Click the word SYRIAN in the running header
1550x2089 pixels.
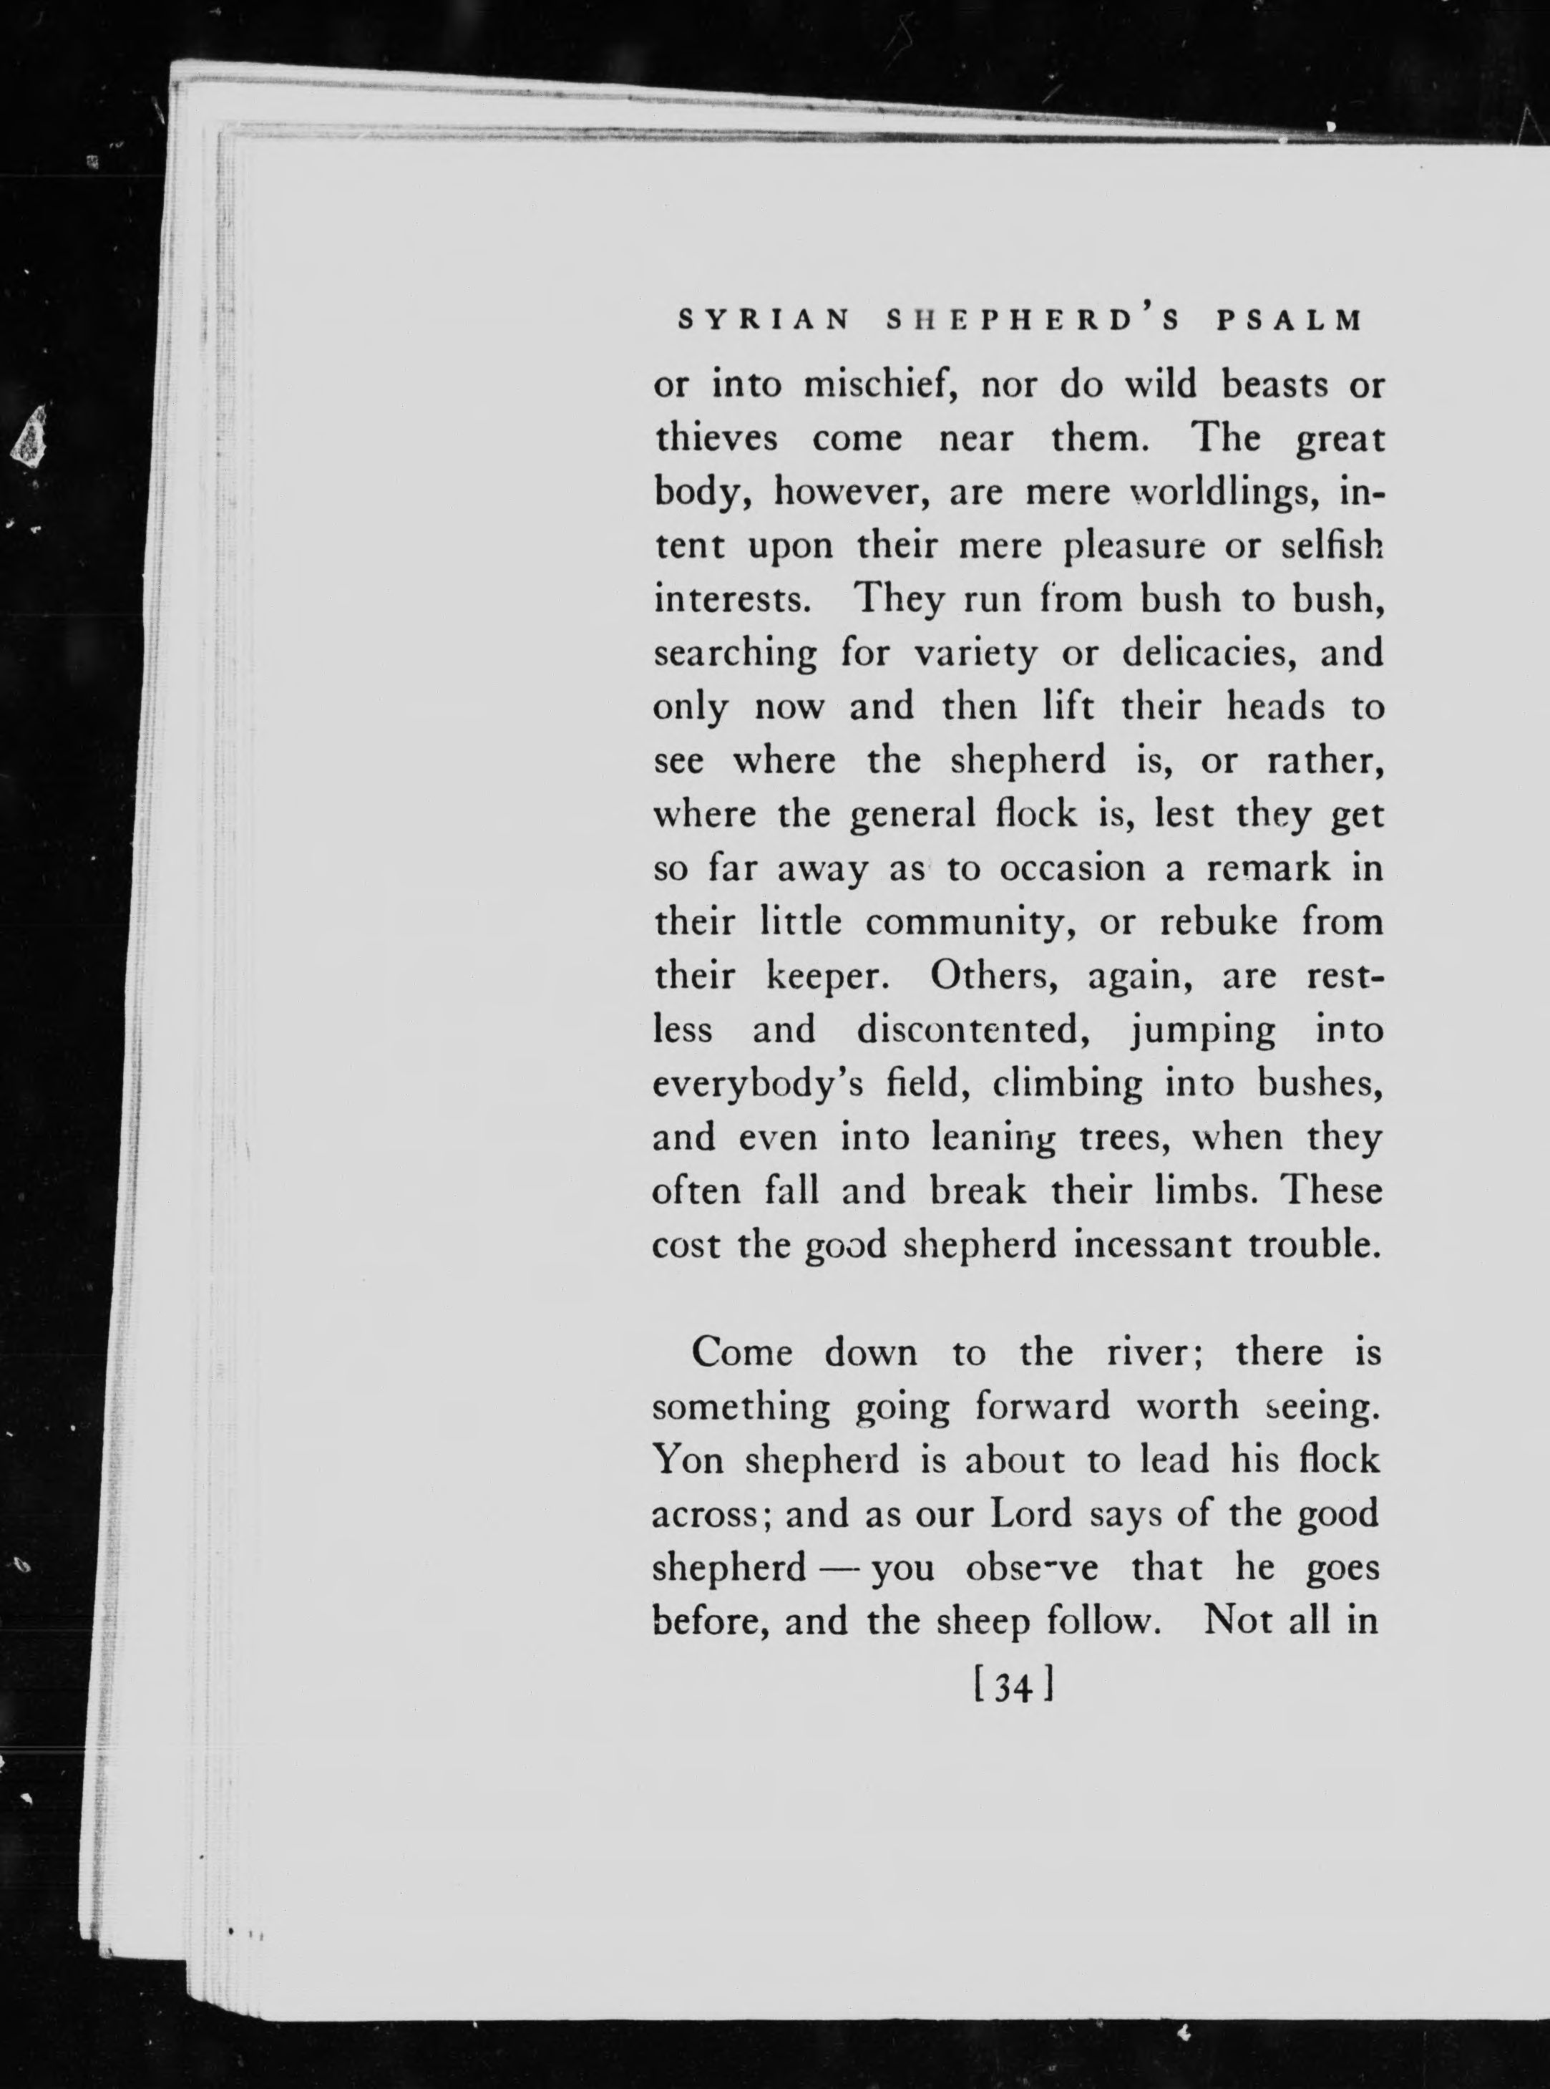click(763, 321)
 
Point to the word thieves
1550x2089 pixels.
click(715, 438)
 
